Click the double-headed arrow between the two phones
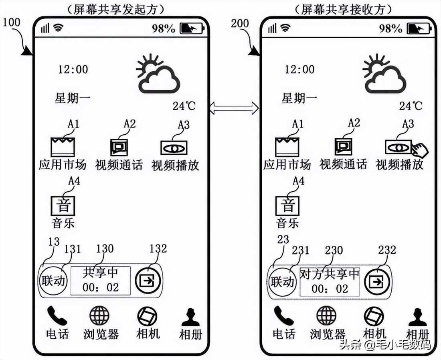[234, 107]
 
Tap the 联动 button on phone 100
[53, 281]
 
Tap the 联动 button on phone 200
[282, 281]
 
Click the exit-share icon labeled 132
[148, 281]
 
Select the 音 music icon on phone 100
[63, 206]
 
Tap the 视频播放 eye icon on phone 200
[398, 148]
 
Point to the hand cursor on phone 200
[419, 151]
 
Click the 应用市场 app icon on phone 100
[63, 147]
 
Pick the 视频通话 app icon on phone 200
[344, 147]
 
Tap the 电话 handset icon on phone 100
[57, 316]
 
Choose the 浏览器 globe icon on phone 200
[326, 316]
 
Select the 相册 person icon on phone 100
[190, 318]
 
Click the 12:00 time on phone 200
[299, 69]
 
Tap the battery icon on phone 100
[192, 28]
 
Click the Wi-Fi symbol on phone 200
[285, 28]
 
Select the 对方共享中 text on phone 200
[330, 274]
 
